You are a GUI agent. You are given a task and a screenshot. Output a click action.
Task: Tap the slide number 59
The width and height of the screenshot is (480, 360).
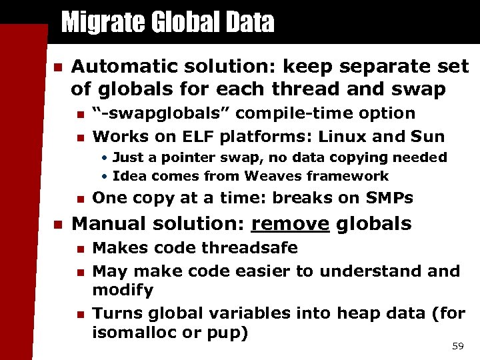[457, 345]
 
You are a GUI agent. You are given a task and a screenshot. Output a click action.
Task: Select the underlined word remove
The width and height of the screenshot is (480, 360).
[290, 224]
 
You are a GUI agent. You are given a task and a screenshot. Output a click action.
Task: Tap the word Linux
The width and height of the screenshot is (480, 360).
[348, 137]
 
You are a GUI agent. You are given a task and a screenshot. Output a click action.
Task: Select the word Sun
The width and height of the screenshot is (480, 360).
[429, 137]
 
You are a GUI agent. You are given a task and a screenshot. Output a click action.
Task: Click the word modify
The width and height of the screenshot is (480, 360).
[123, 290]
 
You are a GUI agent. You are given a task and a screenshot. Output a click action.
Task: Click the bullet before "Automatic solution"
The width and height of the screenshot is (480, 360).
[57, 67]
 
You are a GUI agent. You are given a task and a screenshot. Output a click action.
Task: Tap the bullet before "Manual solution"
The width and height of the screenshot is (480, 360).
[57, 225]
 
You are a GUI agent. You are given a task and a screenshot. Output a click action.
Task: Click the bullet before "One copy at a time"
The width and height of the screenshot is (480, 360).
[79, 199]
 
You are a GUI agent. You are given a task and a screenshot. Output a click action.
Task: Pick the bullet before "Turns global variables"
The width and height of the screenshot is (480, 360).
[79, 313]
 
